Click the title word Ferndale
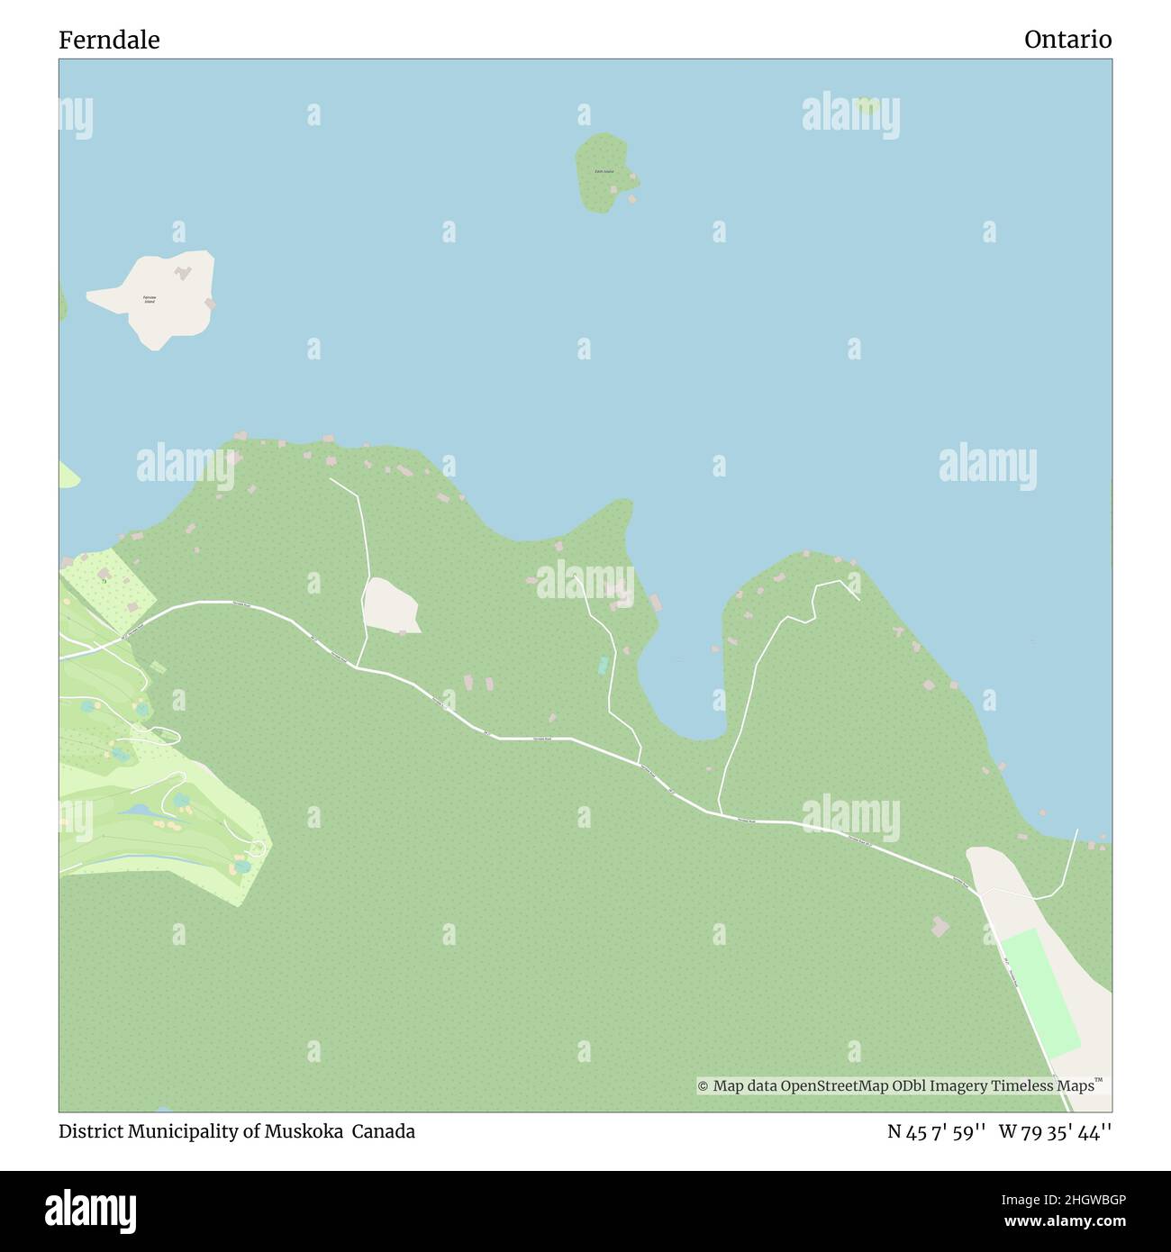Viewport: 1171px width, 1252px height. pos(109,40)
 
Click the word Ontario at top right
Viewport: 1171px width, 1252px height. pos(1067,40)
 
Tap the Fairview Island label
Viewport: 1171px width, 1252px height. pos(150,299)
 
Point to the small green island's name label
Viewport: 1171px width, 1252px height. pos(604,171)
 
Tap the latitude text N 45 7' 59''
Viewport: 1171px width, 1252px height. pos(938,1131)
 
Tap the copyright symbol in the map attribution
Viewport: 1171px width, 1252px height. pos(704,1086)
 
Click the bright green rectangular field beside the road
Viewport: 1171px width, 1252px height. pos(1041,993)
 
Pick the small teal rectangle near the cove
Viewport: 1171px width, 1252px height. pos(603,665)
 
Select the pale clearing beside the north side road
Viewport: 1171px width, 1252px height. pos(391,604)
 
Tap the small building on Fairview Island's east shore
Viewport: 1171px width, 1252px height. pos(211,304)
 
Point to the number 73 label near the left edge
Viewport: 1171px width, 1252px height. pos(104,582)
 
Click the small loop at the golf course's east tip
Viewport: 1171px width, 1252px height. pos(257,847)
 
